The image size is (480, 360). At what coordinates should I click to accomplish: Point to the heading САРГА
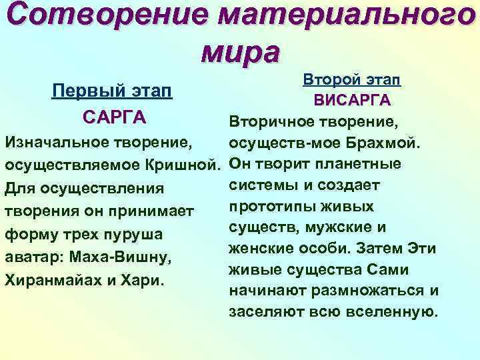[x=114, y=117]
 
